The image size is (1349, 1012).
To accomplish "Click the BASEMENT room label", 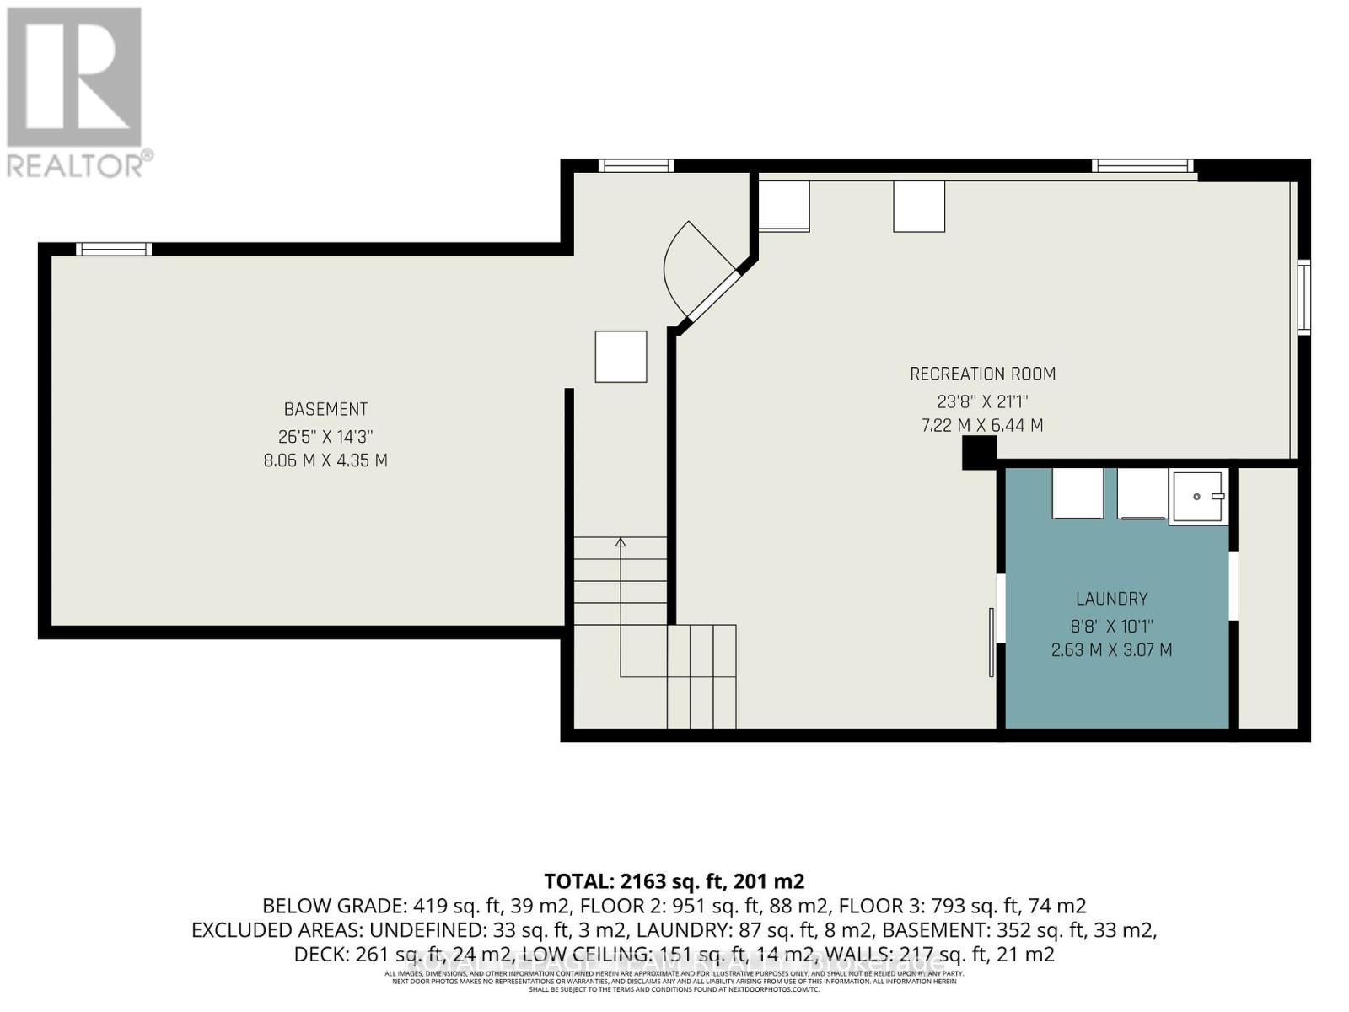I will click(325, 409).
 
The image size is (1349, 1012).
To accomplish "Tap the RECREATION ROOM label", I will click(982, 374).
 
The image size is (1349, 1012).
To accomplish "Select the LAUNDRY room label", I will click(1111, 599).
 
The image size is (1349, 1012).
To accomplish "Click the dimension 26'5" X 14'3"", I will click(325, 437).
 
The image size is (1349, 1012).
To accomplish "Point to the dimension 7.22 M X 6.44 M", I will click(982, 426).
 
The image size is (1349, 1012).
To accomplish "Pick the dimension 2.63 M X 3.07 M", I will click(1111, 650).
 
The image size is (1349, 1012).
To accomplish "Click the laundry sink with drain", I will click(1198, 498).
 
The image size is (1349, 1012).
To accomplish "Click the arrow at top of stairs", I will click(621, 542).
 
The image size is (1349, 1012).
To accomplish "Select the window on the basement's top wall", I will click(114, 249).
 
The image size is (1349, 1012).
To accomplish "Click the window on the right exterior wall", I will click(1303, 298).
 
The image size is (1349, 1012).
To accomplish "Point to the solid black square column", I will click(979, 453).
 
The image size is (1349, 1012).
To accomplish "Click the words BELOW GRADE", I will click(334, 906).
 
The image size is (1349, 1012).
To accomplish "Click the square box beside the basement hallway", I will click(621, 357).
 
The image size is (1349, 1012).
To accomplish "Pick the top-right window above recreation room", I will click(1142, 166).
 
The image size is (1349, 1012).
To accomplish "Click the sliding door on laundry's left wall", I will click(992, 642).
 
